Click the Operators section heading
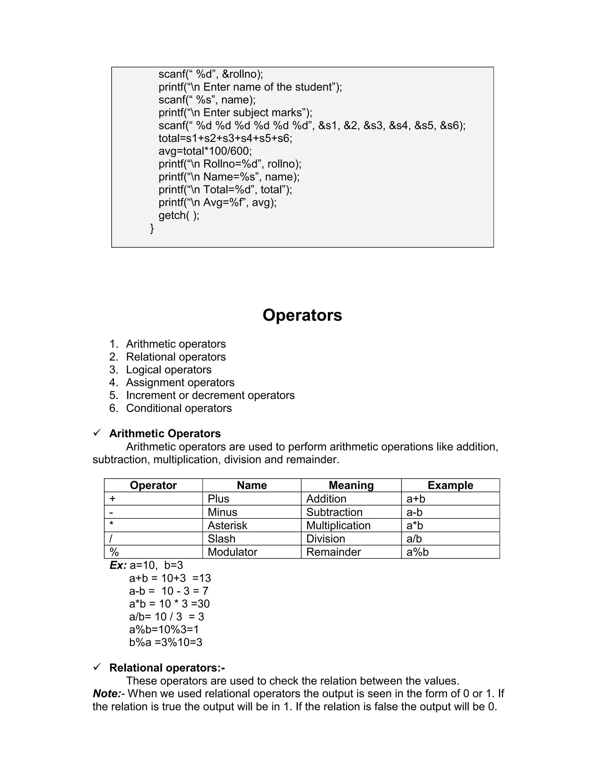(x=302, y=315)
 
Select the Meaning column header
(x=351, y=485)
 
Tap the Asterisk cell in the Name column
(x=227, y=525)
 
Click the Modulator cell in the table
(x=232, y=552)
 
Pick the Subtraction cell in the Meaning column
(x=334, y=512)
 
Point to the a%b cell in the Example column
(x=417, y=552)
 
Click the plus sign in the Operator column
(x=113, y=499)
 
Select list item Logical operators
(x=168, y=369)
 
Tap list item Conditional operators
(x=178, y=408)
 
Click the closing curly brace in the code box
(x=152, y=228)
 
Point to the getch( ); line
(x=179, y=215)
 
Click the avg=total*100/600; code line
(x=205, y=151)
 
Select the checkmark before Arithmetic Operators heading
(x=97, y=433)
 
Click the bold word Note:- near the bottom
(x=108, y=693)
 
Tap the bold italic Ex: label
(x=118, y=565)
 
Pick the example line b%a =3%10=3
(x=166, y=642)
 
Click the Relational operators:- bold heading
(x=167, y=668)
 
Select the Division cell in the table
(x=326, y=539)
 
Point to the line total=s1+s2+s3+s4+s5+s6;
(x=225, y=138)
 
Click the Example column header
(x=450, y=485)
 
